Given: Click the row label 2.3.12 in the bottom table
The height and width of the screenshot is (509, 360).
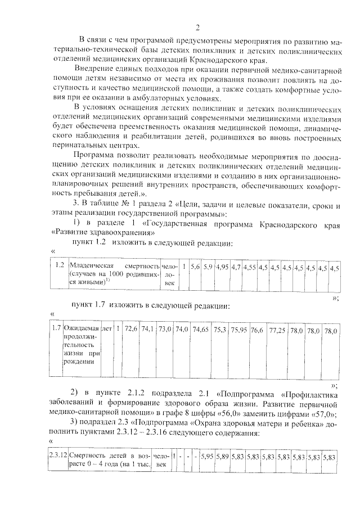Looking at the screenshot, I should [x=58, y=456].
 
